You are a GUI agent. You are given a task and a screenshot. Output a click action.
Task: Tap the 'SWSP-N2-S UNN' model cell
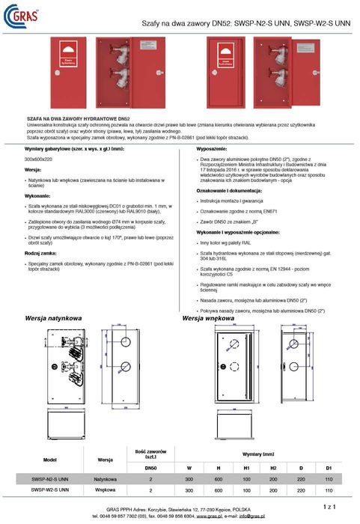coord(50,478)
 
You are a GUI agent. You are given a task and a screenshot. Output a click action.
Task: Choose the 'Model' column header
coord(50,460)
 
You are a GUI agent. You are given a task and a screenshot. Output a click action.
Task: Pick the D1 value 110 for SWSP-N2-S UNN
coord(329,478)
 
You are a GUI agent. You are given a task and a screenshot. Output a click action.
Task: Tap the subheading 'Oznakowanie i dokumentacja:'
coord(230,192)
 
